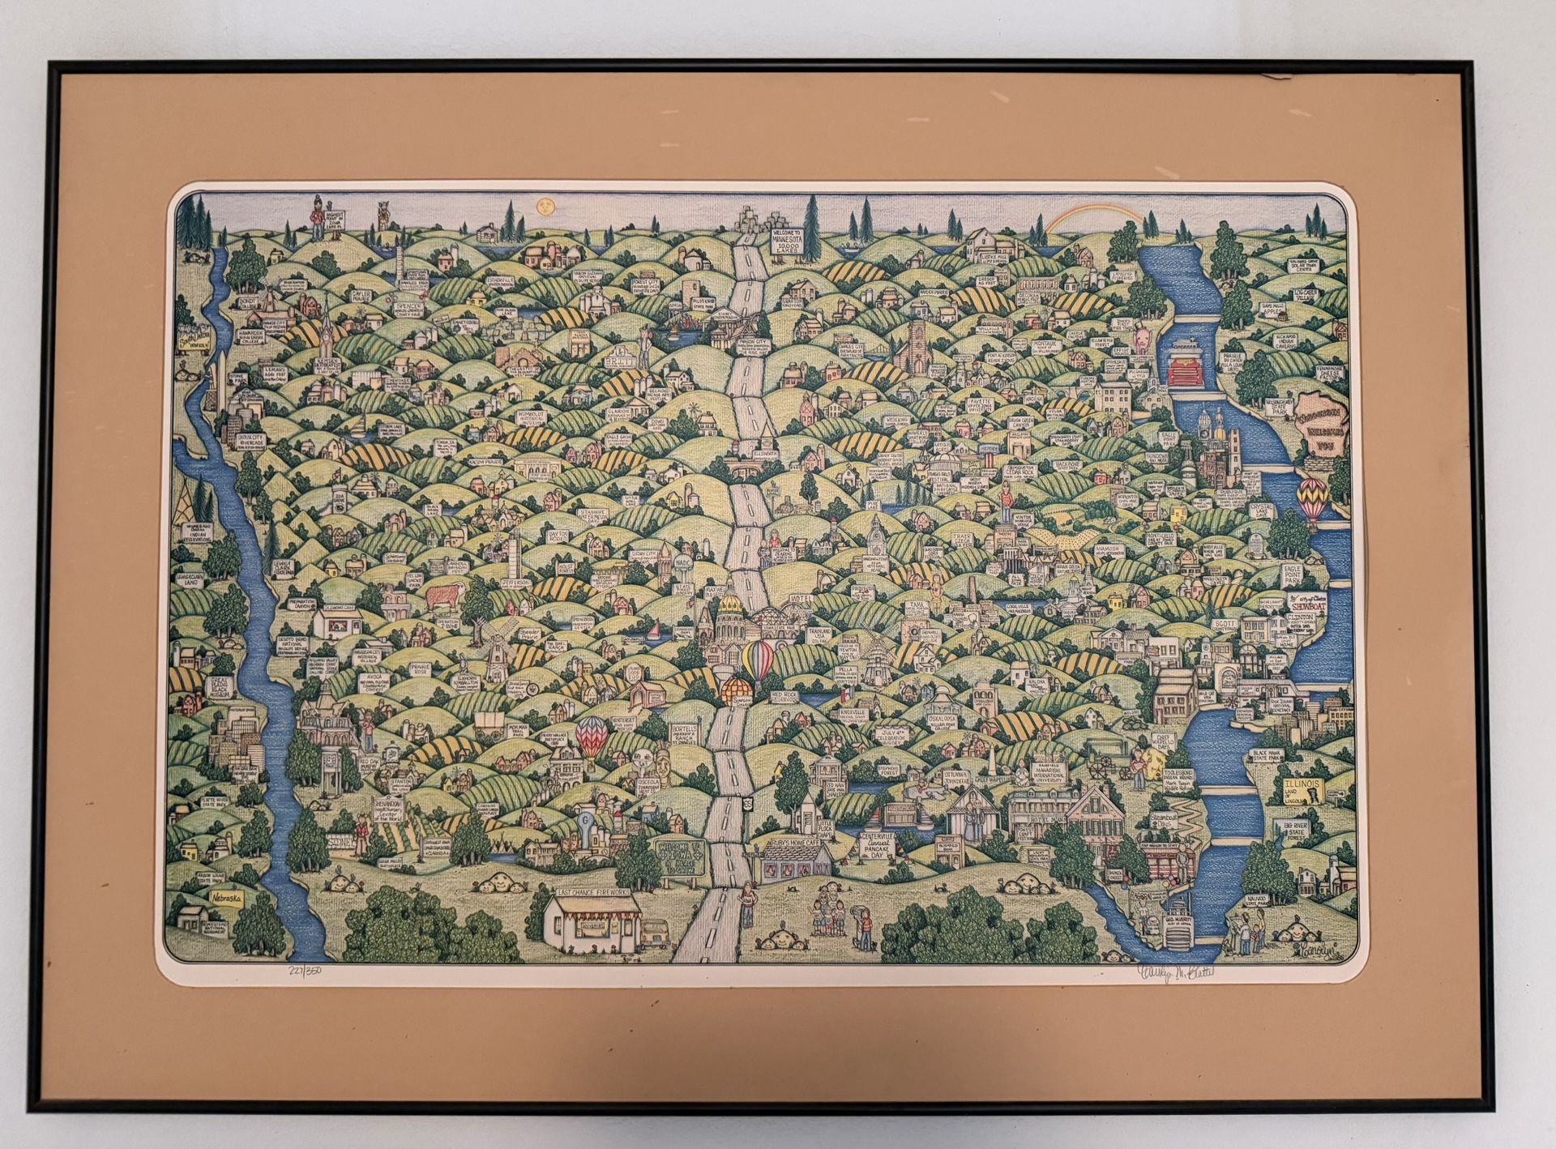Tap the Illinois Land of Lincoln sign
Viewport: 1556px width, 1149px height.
click(x=1303, y=792)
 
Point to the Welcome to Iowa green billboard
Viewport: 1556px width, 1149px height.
click(x=679, y=854)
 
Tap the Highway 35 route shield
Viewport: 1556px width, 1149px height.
click(x=722, y=802)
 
